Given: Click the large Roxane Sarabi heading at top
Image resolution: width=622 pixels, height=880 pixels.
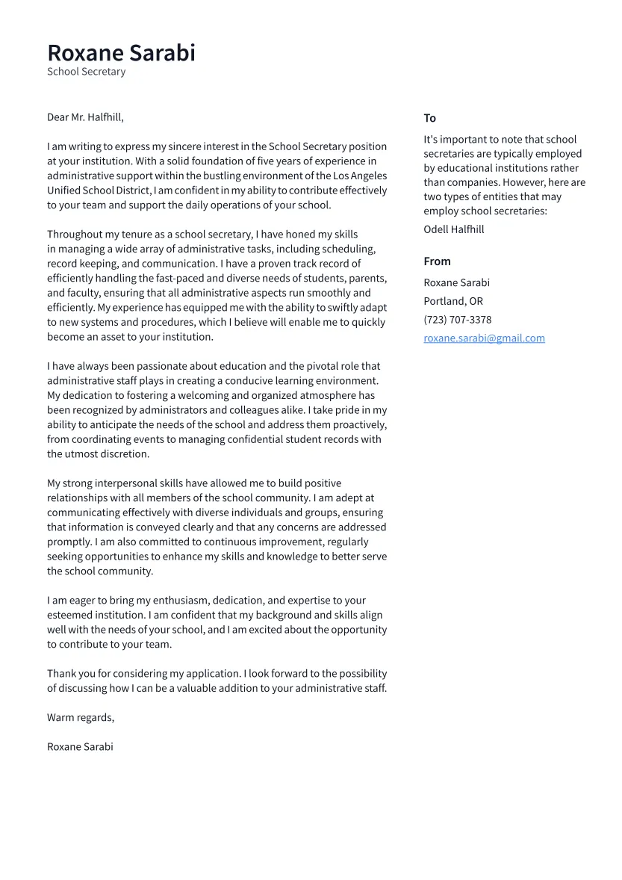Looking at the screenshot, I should [x=121, y=53].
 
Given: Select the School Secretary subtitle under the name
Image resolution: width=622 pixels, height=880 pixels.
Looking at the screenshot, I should [x=86, y=72].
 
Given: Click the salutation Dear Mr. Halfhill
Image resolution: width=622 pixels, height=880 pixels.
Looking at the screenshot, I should [x=85, y=117].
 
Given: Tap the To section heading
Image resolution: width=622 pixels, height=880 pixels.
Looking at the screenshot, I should [x=429, y=118].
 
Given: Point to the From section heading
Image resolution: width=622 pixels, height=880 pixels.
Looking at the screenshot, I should [x=437, y=261].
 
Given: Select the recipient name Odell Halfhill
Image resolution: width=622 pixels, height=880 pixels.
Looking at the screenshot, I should [x=453, y=229].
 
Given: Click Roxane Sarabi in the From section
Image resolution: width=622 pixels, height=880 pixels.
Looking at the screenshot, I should [x=456, y=282].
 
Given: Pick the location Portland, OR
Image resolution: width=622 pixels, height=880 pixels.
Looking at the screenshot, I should [x=452, y=301].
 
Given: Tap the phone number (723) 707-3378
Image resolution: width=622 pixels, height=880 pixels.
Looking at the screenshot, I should [x=457, y=320].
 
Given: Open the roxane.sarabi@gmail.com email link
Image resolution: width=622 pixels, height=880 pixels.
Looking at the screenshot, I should [x=484, y=338].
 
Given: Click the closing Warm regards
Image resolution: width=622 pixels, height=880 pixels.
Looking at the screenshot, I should [x=81, y=717].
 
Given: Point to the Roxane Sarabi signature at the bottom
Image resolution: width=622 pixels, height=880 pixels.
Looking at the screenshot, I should [x=80, y=746].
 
